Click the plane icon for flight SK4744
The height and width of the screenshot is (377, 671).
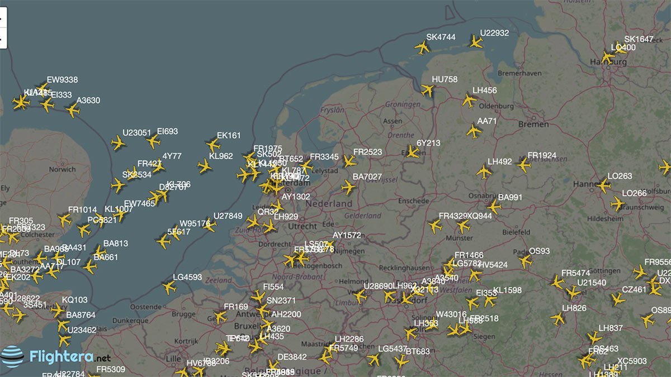point(422,47)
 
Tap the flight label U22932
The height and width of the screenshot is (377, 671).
point(494,33)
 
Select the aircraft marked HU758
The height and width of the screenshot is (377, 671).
point(428,90)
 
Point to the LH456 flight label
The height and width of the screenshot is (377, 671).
point(484,90)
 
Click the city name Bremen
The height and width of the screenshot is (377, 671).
point(533,124)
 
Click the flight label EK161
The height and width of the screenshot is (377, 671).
point(229,136)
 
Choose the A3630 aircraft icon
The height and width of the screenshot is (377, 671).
point(72,109)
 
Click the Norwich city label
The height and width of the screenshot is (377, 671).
point(62,169)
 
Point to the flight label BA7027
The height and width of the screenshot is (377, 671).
point(367,177)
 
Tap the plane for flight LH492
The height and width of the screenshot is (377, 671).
point(484,171)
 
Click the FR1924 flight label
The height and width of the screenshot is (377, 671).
point(542,155)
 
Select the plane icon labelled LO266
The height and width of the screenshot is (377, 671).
point(617,204)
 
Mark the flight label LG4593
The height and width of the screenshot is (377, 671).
point(187,277)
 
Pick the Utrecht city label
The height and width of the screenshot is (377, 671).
point(302,226)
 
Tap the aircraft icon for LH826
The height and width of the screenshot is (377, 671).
point(557,318)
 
